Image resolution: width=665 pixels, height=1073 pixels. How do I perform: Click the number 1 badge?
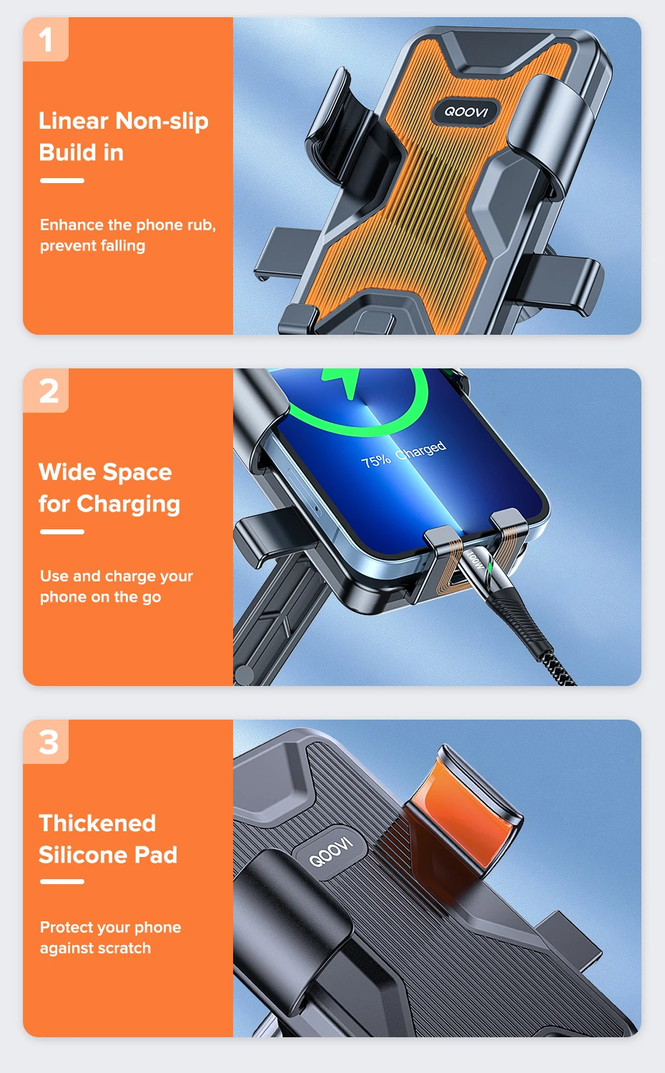(x=46, y=39)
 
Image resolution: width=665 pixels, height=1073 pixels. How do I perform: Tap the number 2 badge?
(x=46, y=391)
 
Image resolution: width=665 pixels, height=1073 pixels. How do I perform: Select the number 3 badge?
(x=46, y=742)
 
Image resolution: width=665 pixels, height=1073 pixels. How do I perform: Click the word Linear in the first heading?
(x=73, y=121)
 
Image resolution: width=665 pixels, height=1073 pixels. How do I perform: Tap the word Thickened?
(x=97, y=823)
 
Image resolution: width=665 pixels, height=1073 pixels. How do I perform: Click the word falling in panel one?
(x=119, y=246)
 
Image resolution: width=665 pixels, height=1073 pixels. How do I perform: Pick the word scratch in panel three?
(x=124, y=948)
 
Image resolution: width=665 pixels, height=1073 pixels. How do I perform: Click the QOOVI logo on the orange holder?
(x=466, y=112)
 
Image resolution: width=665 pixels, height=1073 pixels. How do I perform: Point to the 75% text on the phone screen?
(x=376, y=461)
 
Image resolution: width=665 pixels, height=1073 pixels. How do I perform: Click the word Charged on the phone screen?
(x=421, y=449)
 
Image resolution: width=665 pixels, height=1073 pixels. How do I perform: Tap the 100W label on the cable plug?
(x=476, y=559)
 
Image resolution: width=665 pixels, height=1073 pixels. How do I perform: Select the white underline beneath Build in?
(x=62, y=180)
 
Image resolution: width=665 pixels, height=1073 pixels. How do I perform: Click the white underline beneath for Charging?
(x=62, y=531)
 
